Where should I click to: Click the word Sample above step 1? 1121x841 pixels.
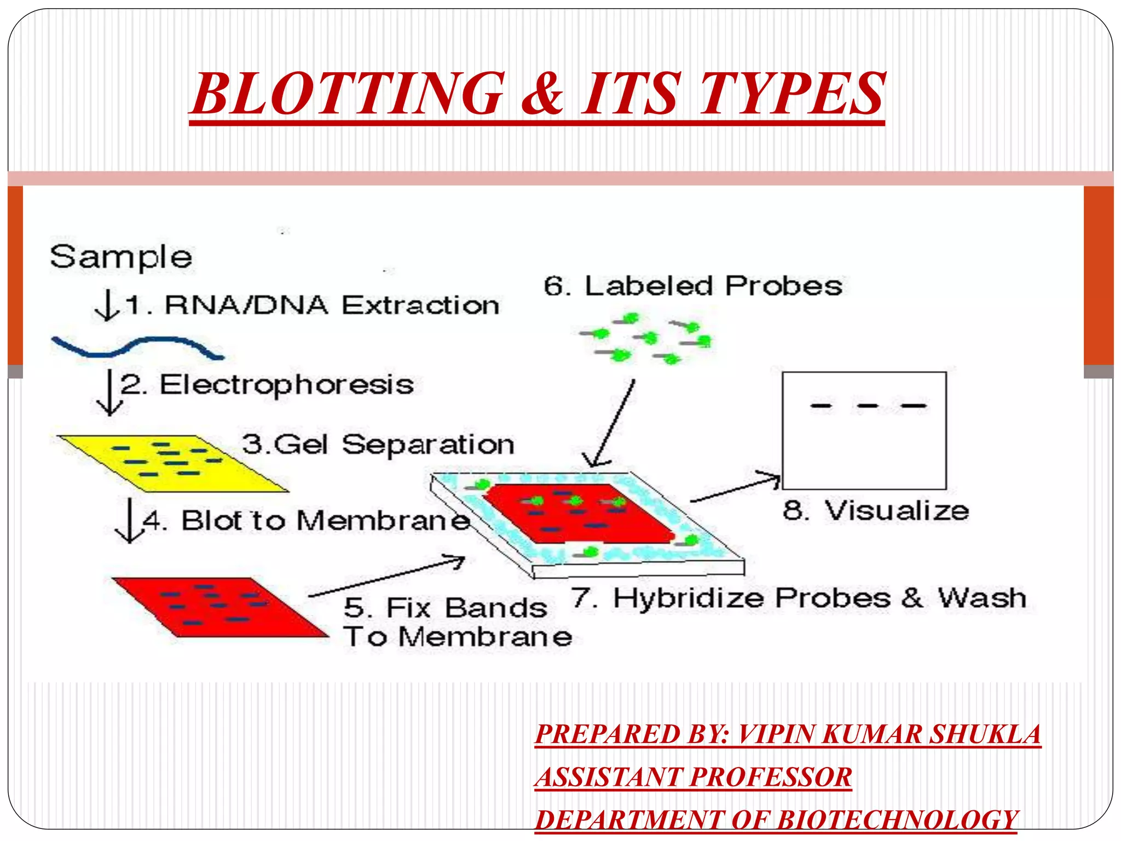point(121,257)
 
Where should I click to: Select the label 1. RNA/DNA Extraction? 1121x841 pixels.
point(312,305)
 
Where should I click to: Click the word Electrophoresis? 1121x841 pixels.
point(286,385)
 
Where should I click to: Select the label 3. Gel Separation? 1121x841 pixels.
point(378,444)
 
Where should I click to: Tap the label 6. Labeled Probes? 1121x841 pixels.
point(693,286)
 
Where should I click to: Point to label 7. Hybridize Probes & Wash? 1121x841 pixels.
point(799,598)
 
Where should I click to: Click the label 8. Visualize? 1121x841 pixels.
point(876,510)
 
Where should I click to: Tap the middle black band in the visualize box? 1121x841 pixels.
point(868,406)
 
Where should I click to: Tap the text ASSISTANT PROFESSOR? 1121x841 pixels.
point(694,777)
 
